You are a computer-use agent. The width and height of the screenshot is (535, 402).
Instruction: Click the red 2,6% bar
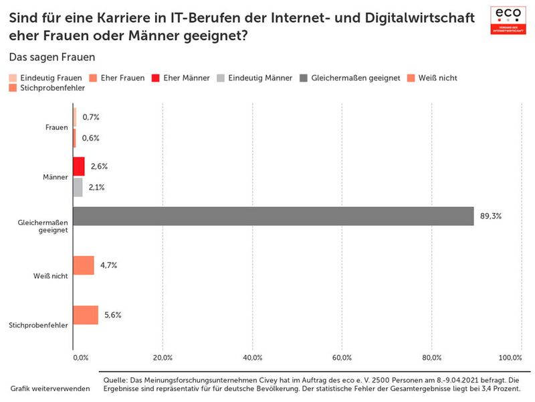(79, 166)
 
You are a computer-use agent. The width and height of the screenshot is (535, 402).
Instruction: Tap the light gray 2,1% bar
(78, 187)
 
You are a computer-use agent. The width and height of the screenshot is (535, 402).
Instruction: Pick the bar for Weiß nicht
(84, 265)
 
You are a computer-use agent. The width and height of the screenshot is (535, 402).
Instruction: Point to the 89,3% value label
(491, 216)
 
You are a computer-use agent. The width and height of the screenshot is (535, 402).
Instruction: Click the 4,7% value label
(109, 265)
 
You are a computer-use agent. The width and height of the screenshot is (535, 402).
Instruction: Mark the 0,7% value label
(91, 117)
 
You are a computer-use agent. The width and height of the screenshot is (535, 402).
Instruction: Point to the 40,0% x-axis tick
(252, 357)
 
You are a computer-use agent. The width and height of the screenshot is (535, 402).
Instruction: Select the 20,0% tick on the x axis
(163, 357)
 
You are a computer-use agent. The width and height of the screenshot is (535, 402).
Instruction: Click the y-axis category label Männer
(55, 177)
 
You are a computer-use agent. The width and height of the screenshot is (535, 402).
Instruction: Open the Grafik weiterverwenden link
(50, 389)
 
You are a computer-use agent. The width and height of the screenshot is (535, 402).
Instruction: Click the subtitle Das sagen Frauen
(52, 58)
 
